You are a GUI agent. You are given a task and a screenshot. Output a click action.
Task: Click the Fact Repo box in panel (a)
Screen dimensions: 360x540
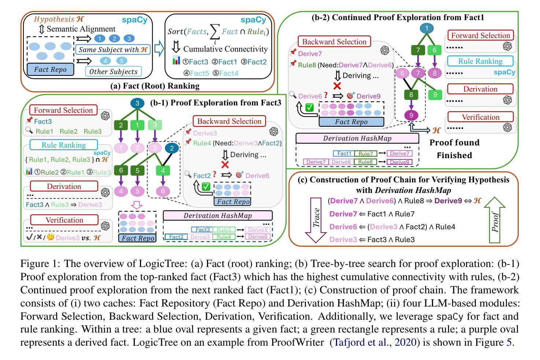[51, 69]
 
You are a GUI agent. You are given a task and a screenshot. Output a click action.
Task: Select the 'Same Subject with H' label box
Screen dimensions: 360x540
[113, 49]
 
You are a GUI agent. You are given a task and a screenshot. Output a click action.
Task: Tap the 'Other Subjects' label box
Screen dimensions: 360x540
[113, 71]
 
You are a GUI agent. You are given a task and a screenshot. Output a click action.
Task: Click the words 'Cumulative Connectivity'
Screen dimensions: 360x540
[225, 49]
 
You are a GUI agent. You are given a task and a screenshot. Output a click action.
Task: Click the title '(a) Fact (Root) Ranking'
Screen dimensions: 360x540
[155, 86]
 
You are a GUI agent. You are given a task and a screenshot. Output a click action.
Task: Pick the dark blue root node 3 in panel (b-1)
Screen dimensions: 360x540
[137, 103]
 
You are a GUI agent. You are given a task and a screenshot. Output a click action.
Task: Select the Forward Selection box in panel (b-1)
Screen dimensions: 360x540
[64, 110]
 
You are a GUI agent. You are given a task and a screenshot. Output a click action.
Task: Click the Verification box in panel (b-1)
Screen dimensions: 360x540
[64, 220]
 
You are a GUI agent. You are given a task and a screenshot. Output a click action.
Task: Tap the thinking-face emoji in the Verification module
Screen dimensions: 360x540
[50, 237]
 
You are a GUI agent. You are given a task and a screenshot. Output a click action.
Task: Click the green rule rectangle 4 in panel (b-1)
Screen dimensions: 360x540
[163, 170]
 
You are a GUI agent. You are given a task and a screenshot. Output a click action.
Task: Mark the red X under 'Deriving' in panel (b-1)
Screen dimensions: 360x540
[225, 164]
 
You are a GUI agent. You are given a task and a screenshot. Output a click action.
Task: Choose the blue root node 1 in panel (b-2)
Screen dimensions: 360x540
[426, 28]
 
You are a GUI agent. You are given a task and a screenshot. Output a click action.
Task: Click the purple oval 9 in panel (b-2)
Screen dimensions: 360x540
[411, 115]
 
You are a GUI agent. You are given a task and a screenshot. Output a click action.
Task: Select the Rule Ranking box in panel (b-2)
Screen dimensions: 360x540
[480, 61]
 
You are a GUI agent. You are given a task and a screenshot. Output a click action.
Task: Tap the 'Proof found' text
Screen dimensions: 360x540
[454, 142]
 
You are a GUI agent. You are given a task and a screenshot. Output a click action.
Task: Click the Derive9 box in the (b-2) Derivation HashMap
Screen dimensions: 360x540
[400, 162]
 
